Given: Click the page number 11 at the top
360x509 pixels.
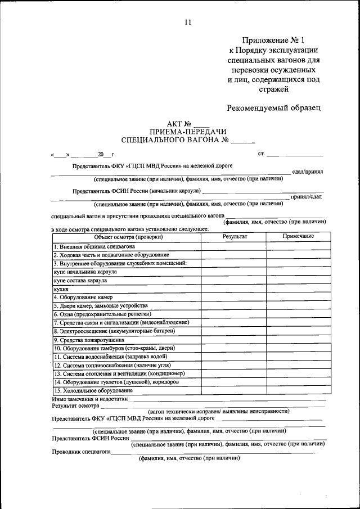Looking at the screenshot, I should [188, 22].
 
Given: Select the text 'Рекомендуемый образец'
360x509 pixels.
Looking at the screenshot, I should [273, 107].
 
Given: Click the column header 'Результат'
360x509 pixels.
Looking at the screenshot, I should [235, 236].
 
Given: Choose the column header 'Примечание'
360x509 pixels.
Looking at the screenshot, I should [298, 236].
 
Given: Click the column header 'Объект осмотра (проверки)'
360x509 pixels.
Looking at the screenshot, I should [128, 236].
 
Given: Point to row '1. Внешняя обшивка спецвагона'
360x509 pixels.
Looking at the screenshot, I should [94, 246].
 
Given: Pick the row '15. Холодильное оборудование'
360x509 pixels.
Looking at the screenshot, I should [93, 390].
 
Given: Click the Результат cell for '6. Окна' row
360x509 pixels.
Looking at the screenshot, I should [234, 314].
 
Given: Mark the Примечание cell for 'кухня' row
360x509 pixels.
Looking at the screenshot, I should [298, 289].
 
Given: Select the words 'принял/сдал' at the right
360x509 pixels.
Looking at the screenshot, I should [307, 196].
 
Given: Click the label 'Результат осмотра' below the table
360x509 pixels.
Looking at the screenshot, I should [75, 405].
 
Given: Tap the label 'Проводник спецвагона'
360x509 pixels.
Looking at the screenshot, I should [81, 452].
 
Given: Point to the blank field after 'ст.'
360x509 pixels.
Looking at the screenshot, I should [295, 154].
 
